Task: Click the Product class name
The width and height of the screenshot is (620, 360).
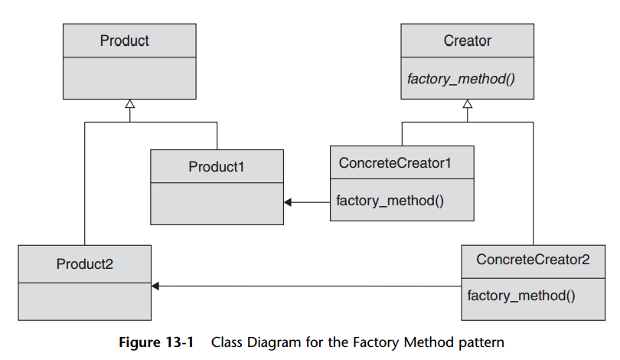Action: [124, 41]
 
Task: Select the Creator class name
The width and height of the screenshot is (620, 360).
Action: [468, 41]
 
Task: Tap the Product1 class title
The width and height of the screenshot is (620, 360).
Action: [217, 167]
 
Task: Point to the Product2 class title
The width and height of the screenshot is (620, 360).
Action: [85, 263]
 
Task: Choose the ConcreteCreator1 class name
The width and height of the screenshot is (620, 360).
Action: [395, 163]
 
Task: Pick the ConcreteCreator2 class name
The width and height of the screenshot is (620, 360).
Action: [533, 260]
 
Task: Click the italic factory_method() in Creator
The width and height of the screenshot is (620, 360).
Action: [461, 79]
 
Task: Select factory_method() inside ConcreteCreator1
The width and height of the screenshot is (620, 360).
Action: [390, 201]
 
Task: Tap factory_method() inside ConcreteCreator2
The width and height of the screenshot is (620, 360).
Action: [521, 296]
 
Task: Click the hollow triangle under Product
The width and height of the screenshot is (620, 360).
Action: [129, 104]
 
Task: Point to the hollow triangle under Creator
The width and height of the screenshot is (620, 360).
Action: [468, 104]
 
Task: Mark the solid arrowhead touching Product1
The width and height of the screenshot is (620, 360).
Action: [288, 202]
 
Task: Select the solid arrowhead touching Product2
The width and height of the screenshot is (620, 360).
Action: [155, 286]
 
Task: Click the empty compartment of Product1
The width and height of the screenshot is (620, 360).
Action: [217, 204]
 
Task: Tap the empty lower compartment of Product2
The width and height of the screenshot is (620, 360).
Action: [85, 302]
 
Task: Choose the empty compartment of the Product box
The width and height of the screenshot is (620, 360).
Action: [129, 78]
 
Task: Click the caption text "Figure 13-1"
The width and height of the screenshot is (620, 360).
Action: [157, 342]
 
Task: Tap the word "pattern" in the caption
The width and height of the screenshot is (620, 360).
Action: [481, 342]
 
